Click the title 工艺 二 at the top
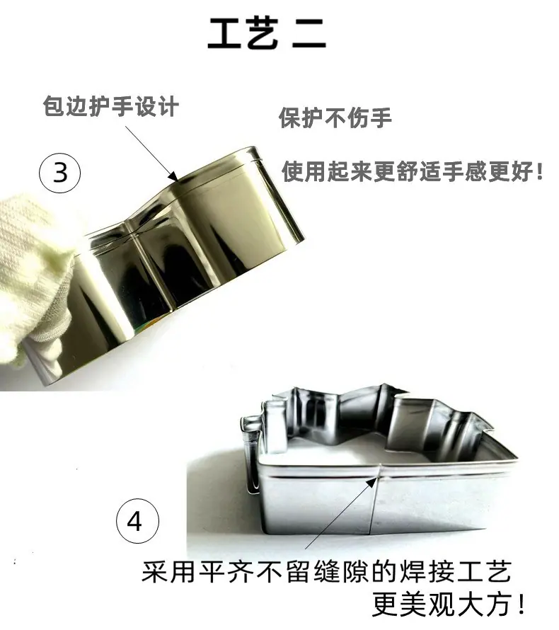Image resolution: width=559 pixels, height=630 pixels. tap(267, 33)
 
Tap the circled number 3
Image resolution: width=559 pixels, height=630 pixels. tap(60, 173)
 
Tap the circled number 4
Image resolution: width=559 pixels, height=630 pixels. tap(137, 521)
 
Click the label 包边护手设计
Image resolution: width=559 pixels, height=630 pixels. tap(110, 106)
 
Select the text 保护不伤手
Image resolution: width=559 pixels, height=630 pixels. tap(335, 118)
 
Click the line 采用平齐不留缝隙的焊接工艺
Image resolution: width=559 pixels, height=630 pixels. tap(327, 571)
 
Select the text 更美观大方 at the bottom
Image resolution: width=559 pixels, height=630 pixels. tap(444, 605)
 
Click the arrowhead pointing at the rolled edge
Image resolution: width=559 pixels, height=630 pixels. tap(173, 176)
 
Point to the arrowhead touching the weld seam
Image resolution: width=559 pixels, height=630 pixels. tap(373, 481)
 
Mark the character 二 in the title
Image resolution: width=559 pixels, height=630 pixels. tap(309, 34)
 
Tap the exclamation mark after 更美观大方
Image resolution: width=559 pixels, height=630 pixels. tap(521, 605)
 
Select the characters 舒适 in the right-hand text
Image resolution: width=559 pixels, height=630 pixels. tap(418, 171)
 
